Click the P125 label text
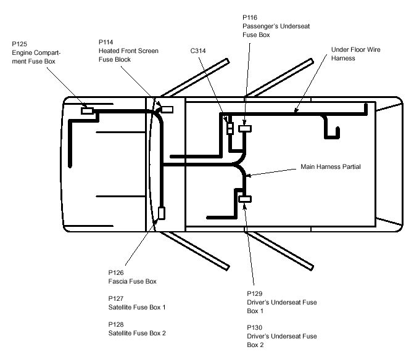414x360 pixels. tap(20, 44)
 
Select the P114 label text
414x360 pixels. tap(106, 42)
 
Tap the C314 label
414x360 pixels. tap(198, 51)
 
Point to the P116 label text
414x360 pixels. tap(250, 18)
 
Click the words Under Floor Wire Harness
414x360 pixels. tap(355, 54)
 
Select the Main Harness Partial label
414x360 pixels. tap(331, 166)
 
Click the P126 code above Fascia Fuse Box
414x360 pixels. tap(116, 272)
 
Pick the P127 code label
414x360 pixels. tap(116, 298)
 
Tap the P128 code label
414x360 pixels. tap(116, 324)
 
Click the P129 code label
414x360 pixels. tap(255, 294)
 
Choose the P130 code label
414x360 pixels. tap(255, 327)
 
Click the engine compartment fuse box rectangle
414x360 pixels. tap(87, 111)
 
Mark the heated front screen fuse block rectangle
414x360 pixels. tap(167, 110)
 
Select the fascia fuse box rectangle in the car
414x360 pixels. tap(162, 213)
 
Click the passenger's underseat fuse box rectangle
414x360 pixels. tap(245, 129)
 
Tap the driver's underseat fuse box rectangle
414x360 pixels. tap(245, 199)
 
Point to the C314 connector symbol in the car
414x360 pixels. tap(230, 128)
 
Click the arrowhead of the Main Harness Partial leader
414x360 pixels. tap(248, 176)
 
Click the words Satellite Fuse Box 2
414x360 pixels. tap(137, 333)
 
